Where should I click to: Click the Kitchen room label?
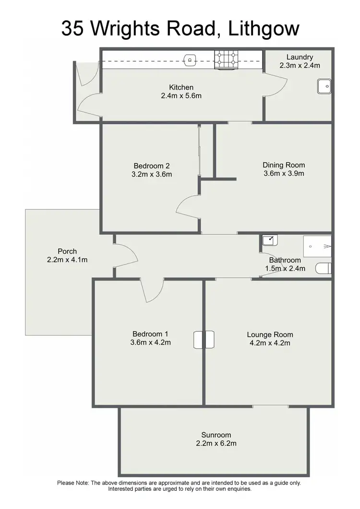pos(181,87)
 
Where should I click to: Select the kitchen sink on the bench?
pos(190,59)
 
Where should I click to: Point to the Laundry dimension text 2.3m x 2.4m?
pos(300,65)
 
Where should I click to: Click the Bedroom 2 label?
pos(151,166)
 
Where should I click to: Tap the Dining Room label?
pos(284,165)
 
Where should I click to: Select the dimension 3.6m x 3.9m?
pos(284,174)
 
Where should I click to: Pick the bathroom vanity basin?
pos(269,239)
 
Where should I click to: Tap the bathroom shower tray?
pos(317,246)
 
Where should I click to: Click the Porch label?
pos(67,251)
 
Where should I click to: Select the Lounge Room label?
pos(270,334)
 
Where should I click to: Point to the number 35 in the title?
pos(74,28)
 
